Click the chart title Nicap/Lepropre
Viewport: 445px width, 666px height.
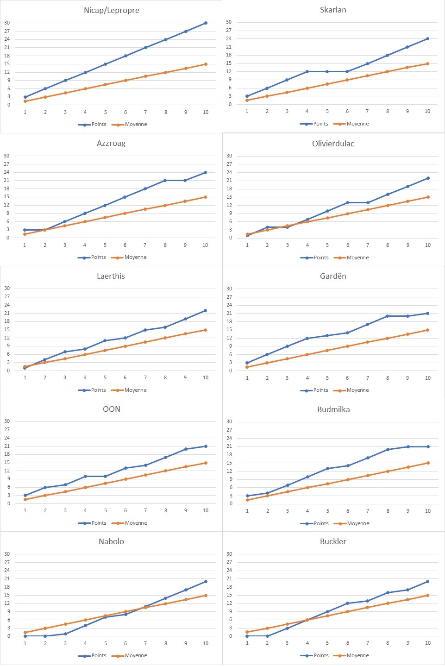111,10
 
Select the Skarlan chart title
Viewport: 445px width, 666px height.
333,10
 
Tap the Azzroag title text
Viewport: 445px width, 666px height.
111,143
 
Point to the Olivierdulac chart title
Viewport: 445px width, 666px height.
333,144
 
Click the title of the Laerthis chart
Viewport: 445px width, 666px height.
111,276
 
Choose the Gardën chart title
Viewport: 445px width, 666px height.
333,276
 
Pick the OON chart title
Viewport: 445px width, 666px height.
112,409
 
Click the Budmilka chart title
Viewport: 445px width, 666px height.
333,409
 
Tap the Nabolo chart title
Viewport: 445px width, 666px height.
111,541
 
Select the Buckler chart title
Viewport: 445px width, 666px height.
333,541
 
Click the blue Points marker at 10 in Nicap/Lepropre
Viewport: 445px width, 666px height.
206,23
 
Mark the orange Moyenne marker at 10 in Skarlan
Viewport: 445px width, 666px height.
427,63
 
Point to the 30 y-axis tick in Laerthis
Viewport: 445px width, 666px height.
7,288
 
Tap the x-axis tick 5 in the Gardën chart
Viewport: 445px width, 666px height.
327,378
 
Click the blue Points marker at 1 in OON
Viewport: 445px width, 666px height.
25,496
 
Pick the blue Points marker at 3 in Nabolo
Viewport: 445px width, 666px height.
65,634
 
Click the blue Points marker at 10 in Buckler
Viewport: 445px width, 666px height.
427,581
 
